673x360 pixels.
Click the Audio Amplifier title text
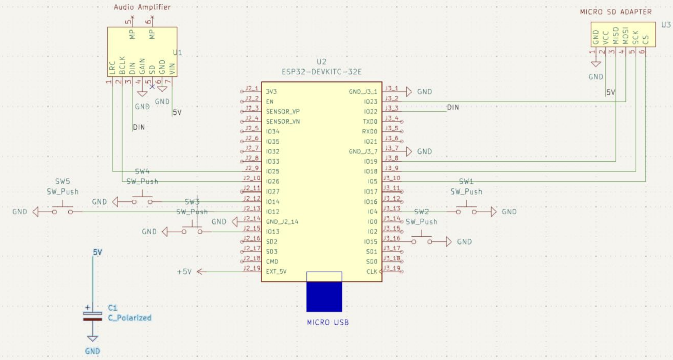(x=142, y=7)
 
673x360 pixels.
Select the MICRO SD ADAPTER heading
(x=616, y=12)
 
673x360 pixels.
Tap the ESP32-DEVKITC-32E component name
(x=322, y=72)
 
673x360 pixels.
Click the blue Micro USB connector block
(x=324, y=296)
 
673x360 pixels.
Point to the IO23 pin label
(x=370, y=102)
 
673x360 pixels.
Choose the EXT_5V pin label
(x=276, y=271)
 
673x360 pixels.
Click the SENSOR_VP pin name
(x=283, y=112)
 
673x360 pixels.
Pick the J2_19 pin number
(x=252, y=268)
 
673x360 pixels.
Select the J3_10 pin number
(x=392, y=178)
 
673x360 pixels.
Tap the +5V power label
(x=184, y=272)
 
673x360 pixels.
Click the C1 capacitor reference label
(x=113, y=308)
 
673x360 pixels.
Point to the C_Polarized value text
(x=129, y=318)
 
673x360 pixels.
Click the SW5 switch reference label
(x=63, y=182)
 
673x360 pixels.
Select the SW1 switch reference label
(x=466, y=182)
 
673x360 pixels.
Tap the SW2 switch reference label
(x=421, y=212)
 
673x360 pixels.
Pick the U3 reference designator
(x=666, y=25)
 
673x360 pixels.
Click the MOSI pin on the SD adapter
(x=625, y=36)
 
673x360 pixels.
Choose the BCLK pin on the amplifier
(x=122, y=65)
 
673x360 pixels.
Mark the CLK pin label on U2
(x=372, y=272)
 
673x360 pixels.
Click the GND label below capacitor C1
(x=92, y=351)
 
